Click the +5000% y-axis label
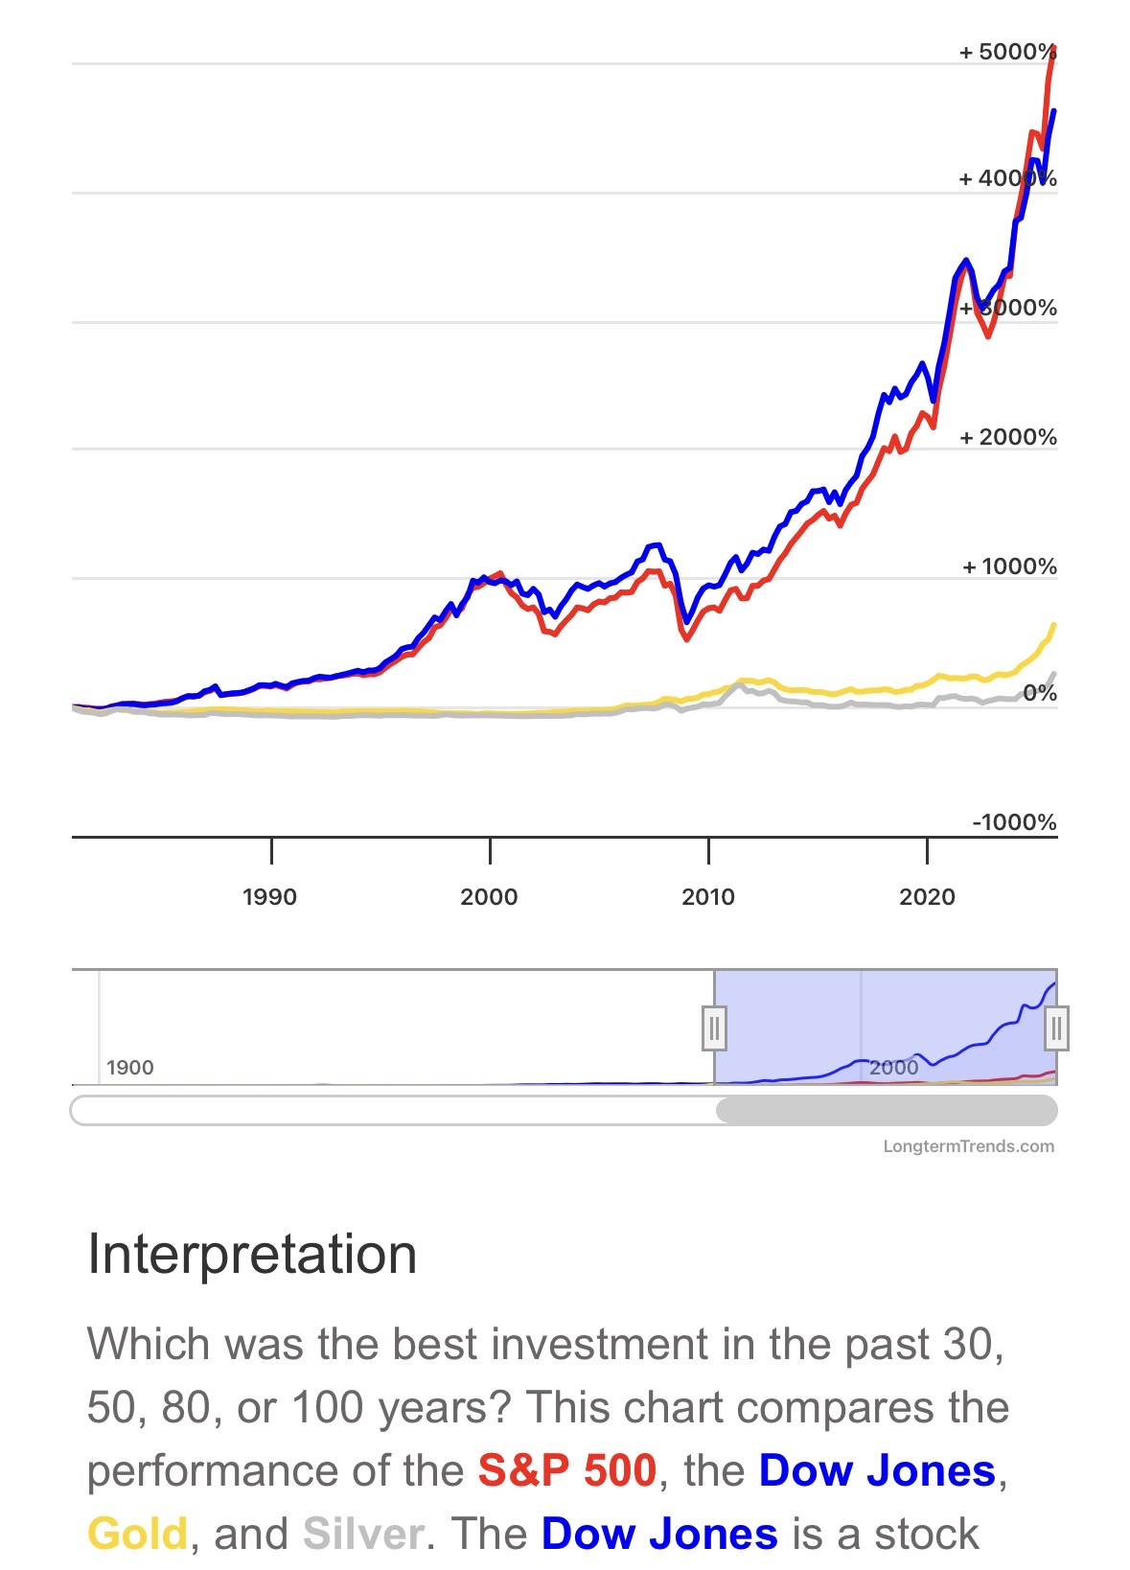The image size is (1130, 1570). pyautogui.click(x=1007, y=52)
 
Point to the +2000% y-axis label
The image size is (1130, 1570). pyautogui.click(x=1007, y=437)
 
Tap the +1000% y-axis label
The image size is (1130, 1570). pyautogui.click(x=1009, y=566)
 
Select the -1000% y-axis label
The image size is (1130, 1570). pyautogui.click(x=1014, y=822)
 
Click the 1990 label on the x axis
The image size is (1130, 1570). pyautogui.click(x=269, y=897)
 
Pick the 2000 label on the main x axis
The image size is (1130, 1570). pyautogui.click(x=489, y=897)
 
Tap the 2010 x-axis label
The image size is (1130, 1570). pyautogui.click(x=708, y=897)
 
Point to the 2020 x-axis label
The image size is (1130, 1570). pyautogui.click(x=927, y=897)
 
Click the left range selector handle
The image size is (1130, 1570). pyautogui.click(x=714, y=1028)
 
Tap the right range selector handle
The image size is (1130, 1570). pyautogui.click(x=1056, y=1028)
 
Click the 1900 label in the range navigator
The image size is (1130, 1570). pyautogui.click(x=129, y=1068)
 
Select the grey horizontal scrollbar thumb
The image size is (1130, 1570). pyautogui.click(x=887, y=1111)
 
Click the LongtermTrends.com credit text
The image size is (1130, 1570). pyautogui.click(x=968, y=1146)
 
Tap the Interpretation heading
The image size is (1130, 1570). pyautogui.click(x=252, y=1254)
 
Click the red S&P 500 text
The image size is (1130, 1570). pyautogui.click(x=567, y=1470)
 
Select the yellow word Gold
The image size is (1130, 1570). pyautogui.click(x=137, y=1534)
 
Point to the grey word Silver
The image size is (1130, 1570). pyautogui.click(x=362, y=1534)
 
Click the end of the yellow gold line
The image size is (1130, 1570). pyautogui.click(x=1054, y=625)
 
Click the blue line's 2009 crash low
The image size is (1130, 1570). pyautogui.click(x=686, y=622)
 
